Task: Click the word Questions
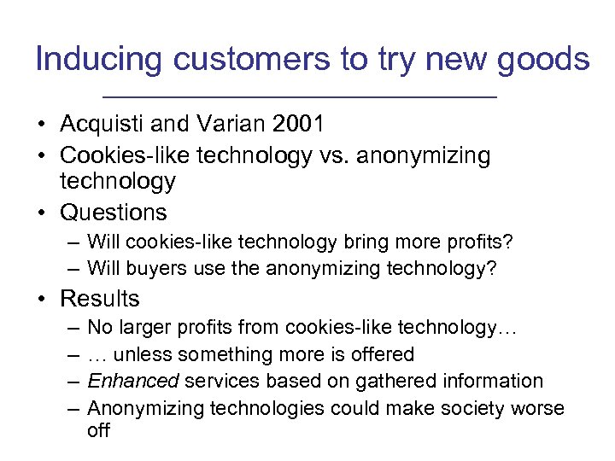(114, 212)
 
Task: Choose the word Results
(99, 299)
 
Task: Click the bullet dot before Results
(42, 300)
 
